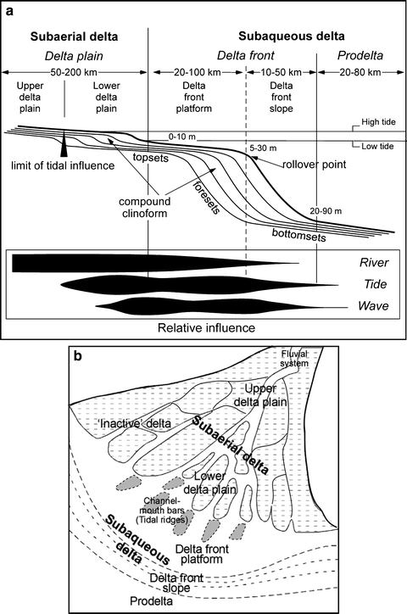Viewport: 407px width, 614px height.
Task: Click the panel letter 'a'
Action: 9,8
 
